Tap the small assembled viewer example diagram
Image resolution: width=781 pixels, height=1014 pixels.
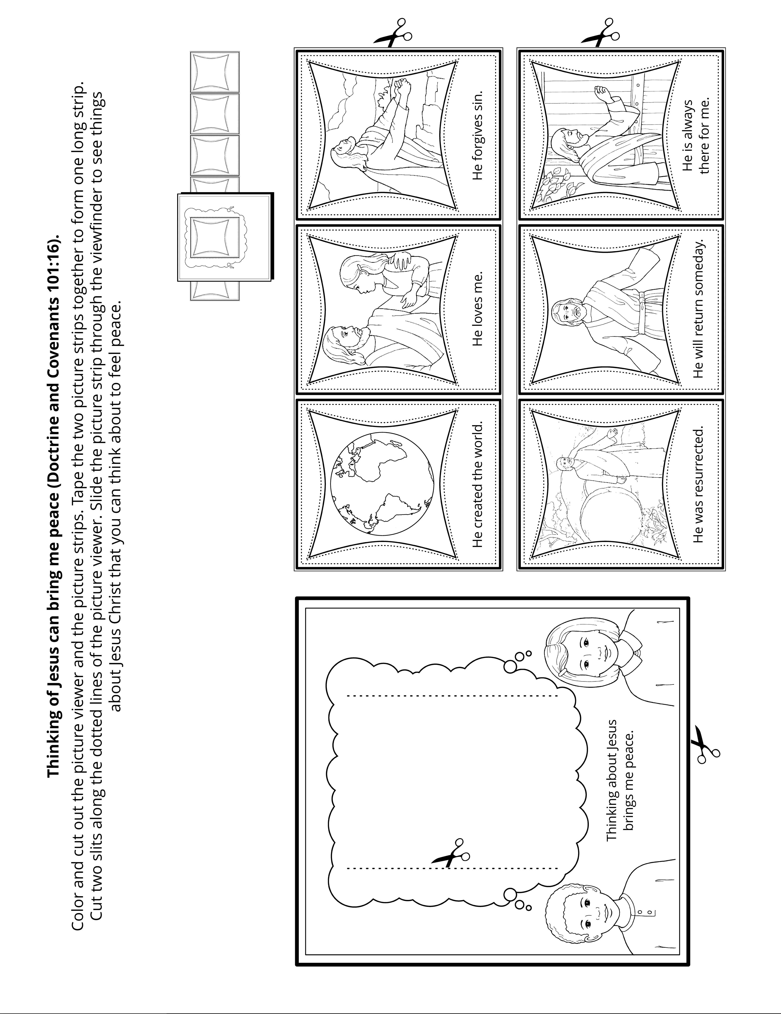pyautogui.click(x=223, y=237)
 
